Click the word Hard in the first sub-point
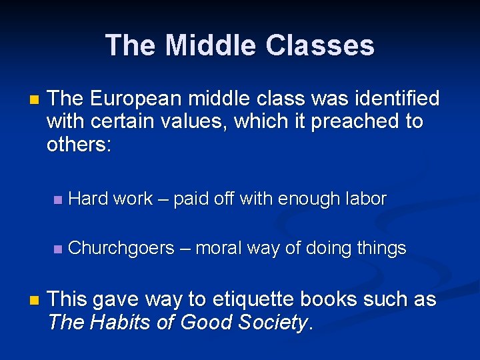click(x=89, y=199)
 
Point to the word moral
click(x=219, y=249)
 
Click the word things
click(x=381, y=249)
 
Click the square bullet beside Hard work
click(x=57, y=199)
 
